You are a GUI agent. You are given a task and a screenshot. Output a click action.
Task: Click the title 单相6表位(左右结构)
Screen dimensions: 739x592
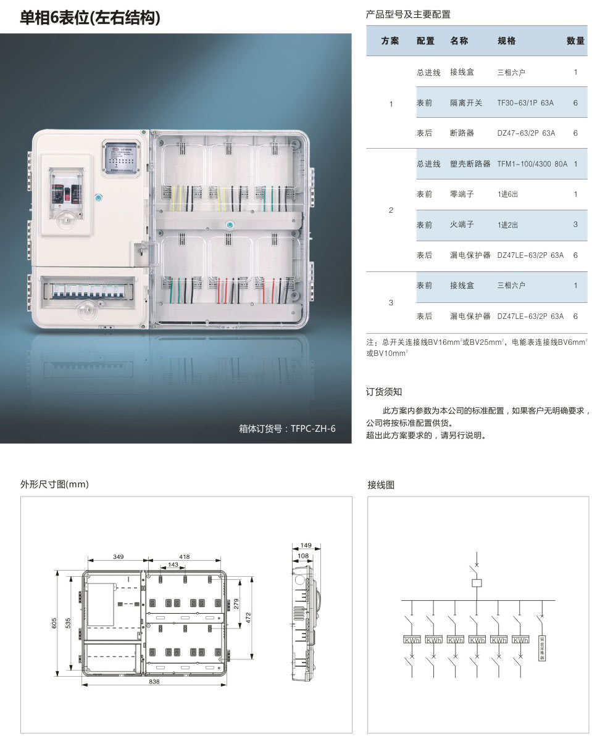[x=90, y=18]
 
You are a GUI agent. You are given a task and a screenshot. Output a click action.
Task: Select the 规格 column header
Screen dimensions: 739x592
[x=506, y=41]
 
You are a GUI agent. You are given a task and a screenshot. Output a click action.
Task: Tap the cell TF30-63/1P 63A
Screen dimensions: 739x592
[x=525, y=103]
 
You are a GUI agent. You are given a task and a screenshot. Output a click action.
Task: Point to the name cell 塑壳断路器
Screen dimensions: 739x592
[x=470, y=164]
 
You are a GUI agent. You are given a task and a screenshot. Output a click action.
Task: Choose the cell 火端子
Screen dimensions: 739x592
[x=462, y=225]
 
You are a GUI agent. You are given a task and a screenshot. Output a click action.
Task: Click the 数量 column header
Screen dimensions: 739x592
[x=575, y=41]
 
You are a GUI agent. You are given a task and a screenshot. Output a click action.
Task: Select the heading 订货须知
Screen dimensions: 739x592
[x=384, y=392]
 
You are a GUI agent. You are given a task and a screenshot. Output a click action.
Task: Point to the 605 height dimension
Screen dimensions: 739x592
[x=56, y=624]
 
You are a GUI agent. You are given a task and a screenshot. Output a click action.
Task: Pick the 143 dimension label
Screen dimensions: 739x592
[x=173, y=564]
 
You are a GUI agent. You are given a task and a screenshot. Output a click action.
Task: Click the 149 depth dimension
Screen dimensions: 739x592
[x=304, y=545]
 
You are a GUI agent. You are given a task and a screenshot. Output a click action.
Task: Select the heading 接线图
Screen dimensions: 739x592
[x=381, y=485]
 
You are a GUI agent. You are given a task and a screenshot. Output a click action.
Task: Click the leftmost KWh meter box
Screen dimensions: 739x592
[x=412, y=640]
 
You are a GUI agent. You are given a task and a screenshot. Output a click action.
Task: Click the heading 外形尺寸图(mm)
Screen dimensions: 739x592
[x=55, y=485]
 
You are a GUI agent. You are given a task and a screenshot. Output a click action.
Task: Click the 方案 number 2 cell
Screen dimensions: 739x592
[x=391, y=210]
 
